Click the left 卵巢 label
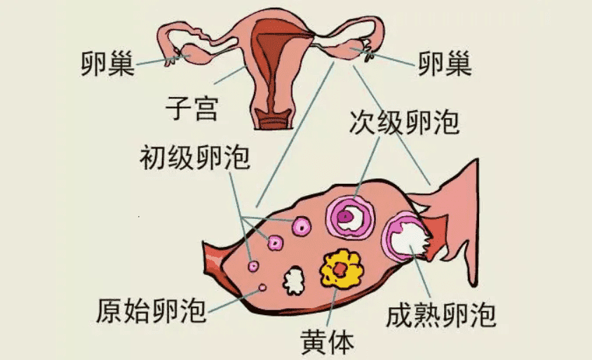pyautogui.click(x=107, y=64)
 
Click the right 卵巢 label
pyautogui.click(x=445, y=64)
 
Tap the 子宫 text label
pyautogui.click(x=191, y=107)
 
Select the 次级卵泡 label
pyautogui.click(x=404, y=122)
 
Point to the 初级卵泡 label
pyautogui.click(x=195, y=157)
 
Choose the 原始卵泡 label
pyautogui.click(x=151, y=310)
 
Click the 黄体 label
pyautogui.click(x=328, y=342)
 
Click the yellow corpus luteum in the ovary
pyautogui.click(x=341, y=269)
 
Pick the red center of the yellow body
pyautogui.click(x=340, y=269)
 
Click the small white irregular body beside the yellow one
pyautogui.click(x=294, y=280)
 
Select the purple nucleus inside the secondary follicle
pyautogui.click(x=344, y=216)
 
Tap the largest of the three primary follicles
pyautogui.click(x=302, y=226)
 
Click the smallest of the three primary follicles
pyautogui.click(x=253, y=266)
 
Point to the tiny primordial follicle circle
pyautogui.click(x=262, y=288)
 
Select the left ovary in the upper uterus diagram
pyautogui.click(x=196, y=55)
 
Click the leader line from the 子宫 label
pyautogui.click(x=230, y=75)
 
